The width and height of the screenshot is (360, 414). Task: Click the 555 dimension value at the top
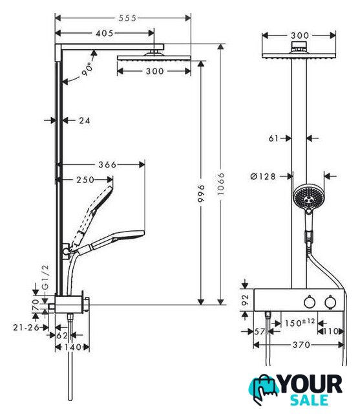pyautogui.click(x=127, y=18)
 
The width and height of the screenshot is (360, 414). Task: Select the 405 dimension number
pyautogui.click(x=105, y=33)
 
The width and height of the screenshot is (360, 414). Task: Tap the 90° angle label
pyautogui.click(x=87, y=69)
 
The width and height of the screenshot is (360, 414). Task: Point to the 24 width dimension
pyautogui.click(x=85, y=121)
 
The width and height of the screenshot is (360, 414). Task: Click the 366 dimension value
pyautogui.click(x=107, y=165)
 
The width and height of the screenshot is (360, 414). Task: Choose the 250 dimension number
pyautogui.click(x=85, y=180)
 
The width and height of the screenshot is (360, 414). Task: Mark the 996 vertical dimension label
pyautogui.click(x=201, y=193)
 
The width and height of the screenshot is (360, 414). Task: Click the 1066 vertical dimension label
pyautogui.click(x=220, y=184)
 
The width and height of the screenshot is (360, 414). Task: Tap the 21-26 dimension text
pyautogui.click(x=26, y=327)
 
